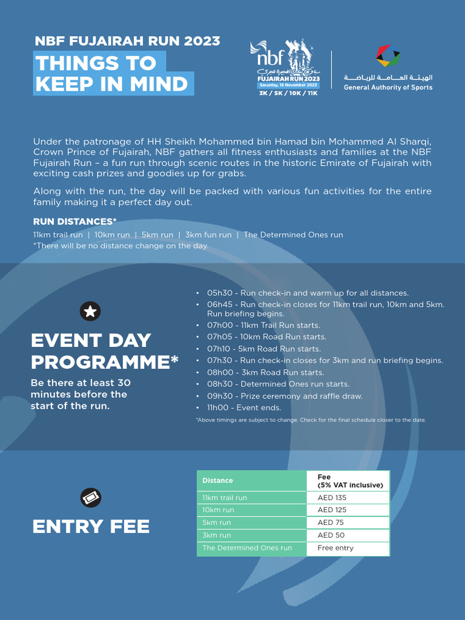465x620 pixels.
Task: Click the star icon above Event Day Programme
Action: [x=90, y=312]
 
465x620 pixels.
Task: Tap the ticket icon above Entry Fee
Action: [x=91, y=498]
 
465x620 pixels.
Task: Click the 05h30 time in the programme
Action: [x=218, y=293]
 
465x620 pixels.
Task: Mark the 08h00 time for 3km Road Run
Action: [x=218, y=373]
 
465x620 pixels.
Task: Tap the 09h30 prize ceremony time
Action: [x=218, y=397]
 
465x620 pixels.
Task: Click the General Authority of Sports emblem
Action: [x=388, y=56]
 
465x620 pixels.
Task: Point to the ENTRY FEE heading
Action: [x=91, y=527]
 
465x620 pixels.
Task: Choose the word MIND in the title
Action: [x=156, y=84]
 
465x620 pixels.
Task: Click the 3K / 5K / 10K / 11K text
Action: [x=288, y=93]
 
